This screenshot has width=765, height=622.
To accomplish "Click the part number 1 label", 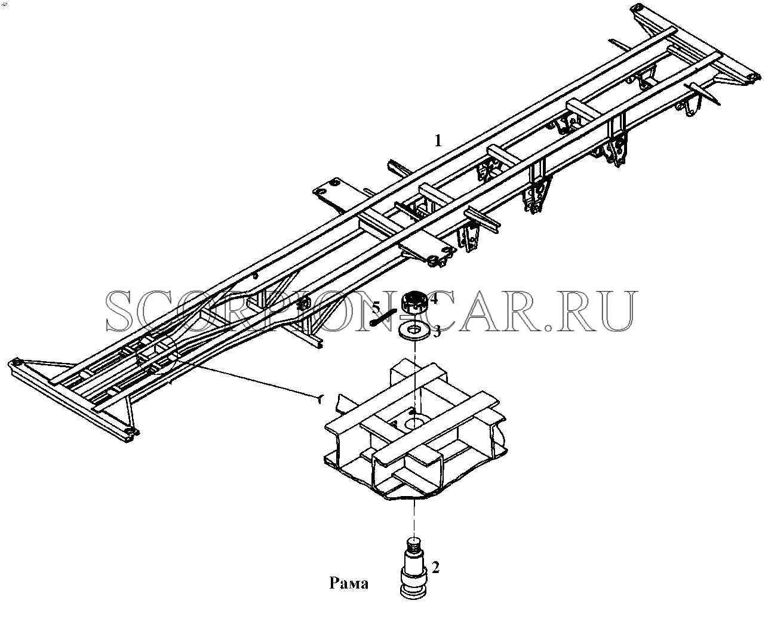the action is pyautogui.click(x=438, y=141).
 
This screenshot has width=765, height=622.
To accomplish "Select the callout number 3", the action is pyautogui.click(x=437, y=331).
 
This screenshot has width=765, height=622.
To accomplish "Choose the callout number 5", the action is pyautogui.click(x=376, y=307).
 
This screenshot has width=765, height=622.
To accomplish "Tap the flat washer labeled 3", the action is pyautogui.click(x=415, y=330).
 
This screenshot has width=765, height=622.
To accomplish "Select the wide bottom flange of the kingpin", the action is pyautogui.click(x=414, y=593).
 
